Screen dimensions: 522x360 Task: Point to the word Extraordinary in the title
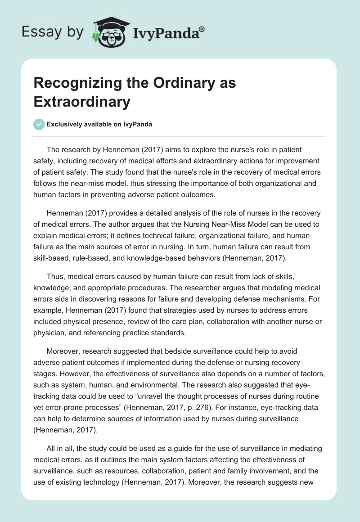[x=81, y=102]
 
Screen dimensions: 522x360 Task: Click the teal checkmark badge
[x=39, y=125]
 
